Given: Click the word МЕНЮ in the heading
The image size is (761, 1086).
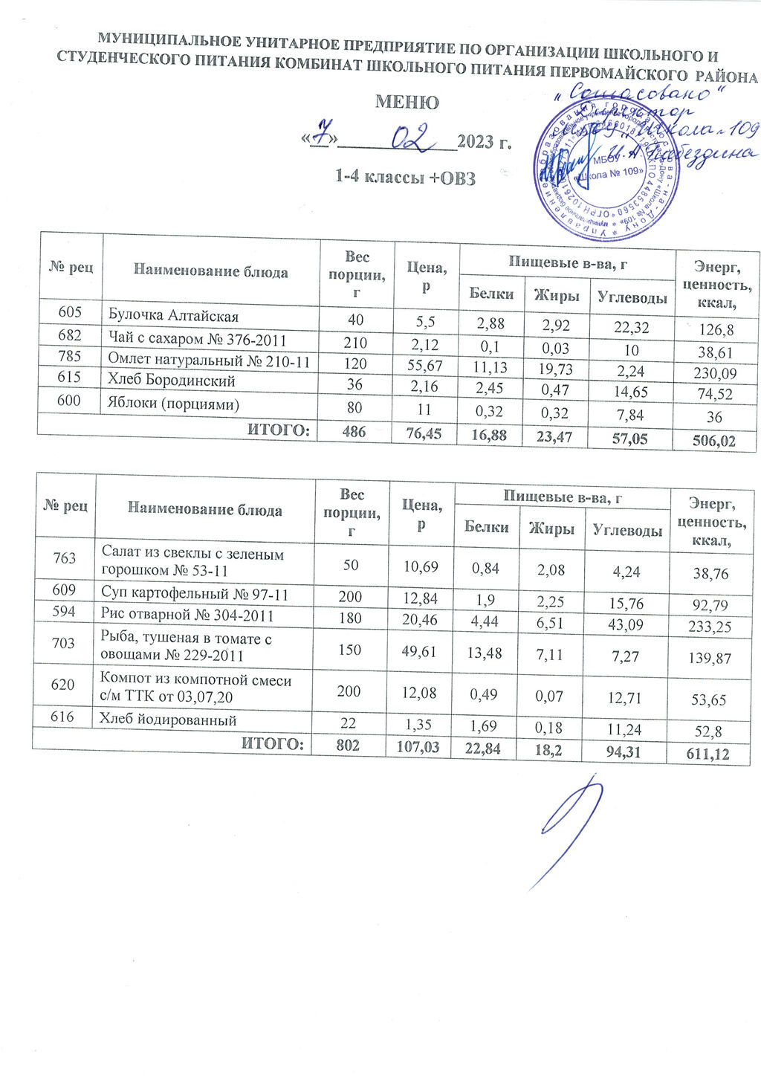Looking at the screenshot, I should tap(407, 102).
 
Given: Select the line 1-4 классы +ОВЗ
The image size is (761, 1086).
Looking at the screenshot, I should tap(405, 178).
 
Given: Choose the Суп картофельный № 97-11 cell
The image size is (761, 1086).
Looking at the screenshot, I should tap(194, 595).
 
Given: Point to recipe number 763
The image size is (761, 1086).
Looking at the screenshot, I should tap(64, 560).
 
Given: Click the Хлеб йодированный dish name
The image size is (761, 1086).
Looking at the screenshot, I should tap(169, 719).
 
